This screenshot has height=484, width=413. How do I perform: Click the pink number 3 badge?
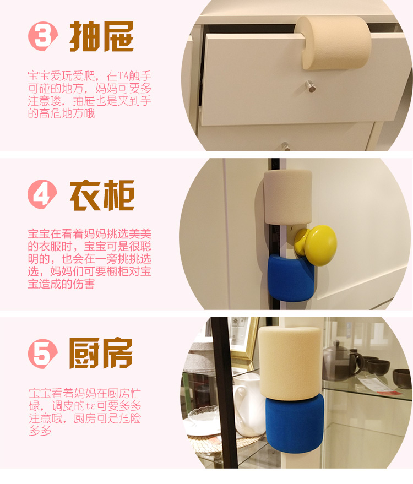pos(42,36)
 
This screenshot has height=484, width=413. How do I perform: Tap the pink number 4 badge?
pos(42,194)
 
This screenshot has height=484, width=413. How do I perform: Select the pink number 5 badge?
pos(42,354)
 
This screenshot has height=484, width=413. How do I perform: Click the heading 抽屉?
pos(102,36)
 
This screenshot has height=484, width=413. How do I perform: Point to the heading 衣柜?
pos(102,195)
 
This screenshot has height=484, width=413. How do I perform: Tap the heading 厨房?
pos(101,354)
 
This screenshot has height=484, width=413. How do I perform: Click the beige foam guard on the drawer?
pos(333,42)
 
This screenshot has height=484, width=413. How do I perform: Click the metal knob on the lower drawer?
pos(285,146)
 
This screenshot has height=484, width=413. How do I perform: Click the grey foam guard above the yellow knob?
pos(287,197)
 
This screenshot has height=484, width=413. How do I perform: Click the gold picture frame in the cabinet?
pos(243,340)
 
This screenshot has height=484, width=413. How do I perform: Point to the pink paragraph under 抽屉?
pos(90,95)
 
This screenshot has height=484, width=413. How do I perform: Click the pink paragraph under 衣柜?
pos(90,259)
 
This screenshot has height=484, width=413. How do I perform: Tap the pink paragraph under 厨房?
pos(85,412)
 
